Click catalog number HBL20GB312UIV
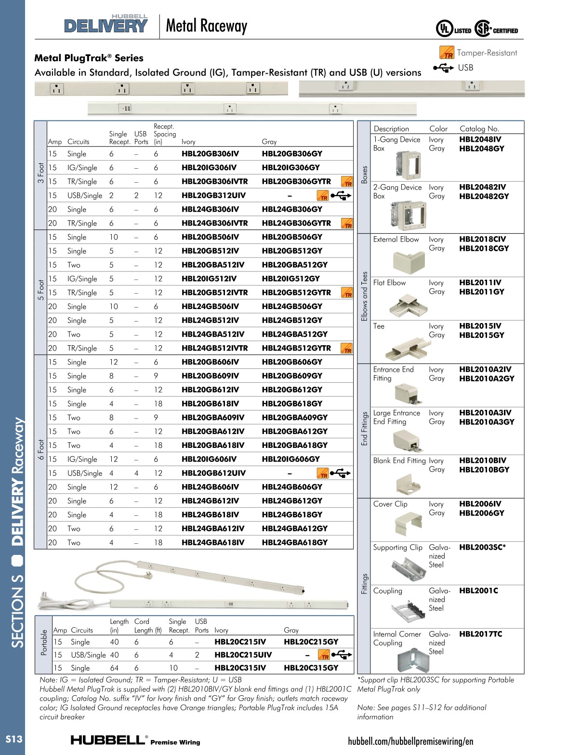213,195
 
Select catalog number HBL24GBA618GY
294,542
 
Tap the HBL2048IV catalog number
480,139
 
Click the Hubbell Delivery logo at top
106,24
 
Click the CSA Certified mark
496,29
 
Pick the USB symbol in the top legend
444,67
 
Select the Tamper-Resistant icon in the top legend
447,53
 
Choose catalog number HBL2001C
478,591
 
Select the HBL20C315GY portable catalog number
311,668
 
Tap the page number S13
13,739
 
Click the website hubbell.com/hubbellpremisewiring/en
410,741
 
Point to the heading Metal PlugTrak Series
89,58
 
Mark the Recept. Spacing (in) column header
164,134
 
